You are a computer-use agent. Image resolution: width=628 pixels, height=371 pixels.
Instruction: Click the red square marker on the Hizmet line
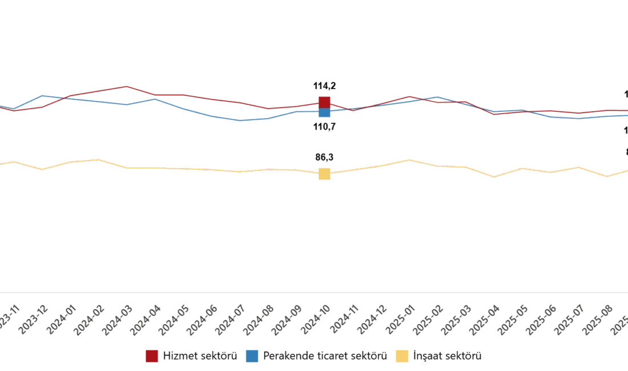tap(324, 102)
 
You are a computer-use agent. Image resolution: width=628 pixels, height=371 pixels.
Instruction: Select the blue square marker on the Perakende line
tap(324, 112)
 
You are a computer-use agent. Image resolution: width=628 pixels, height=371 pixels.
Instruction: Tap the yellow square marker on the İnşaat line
tap(324, 174)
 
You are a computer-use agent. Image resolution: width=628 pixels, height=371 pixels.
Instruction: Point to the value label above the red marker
tap(324, 86)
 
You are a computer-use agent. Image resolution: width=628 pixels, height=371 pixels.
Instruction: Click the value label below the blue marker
tap(324, 127)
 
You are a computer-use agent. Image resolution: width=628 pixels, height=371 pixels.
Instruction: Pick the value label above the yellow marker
tap(324, 157)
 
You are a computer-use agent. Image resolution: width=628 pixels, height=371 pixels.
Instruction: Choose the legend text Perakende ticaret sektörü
tap(325, 356)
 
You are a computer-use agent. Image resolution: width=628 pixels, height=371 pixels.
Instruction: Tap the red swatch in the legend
tap(151, 356)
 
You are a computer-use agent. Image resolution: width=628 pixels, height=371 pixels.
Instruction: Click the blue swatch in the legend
tap(252, 356)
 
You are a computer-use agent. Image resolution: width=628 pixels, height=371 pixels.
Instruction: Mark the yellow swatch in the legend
tap(402, 356)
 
